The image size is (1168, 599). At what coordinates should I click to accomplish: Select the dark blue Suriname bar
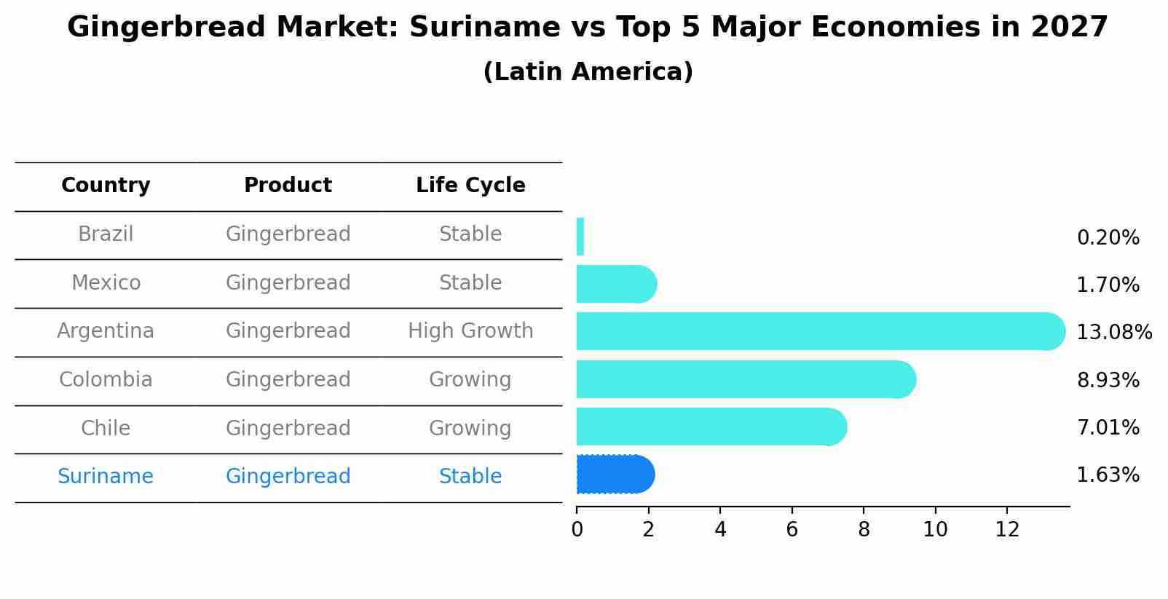(x=615, y=475)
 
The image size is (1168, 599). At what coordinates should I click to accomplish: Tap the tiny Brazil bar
(x=580, y=237)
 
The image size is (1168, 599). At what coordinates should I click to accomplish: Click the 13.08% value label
(x=1113, y=333)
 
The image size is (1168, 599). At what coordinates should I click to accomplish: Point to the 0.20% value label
(x=1108, y=238)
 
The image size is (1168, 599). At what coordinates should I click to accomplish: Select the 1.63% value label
(x=1108, y=475)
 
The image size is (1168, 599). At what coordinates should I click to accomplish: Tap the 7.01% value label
(x=1108, y=428)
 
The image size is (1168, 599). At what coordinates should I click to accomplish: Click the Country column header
(x=106, y=186)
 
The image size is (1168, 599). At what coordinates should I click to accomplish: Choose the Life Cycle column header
(x=470, y=186)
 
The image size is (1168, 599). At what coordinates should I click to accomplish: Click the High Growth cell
(x=470, y=331)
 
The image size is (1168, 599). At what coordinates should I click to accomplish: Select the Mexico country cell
(x=106, y=282)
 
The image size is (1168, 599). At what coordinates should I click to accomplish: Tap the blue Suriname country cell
(x=106, y=477)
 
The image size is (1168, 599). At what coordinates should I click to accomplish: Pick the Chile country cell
(x=106, y=428)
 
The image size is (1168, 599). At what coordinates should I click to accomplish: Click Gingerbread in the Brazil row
(x=288, y=234)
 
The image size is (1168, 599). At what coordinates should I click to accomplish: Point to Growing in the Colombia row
(x=470, y=380)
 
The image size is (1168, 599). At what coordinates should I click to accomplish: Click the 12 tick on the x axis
(x=1007, y=530)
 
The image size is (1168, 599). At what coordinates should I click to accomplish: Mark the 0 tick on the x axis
(x=577, y=530)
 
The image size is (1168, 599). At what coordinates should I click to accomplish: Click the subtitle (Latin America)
(x=588, y=72)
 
